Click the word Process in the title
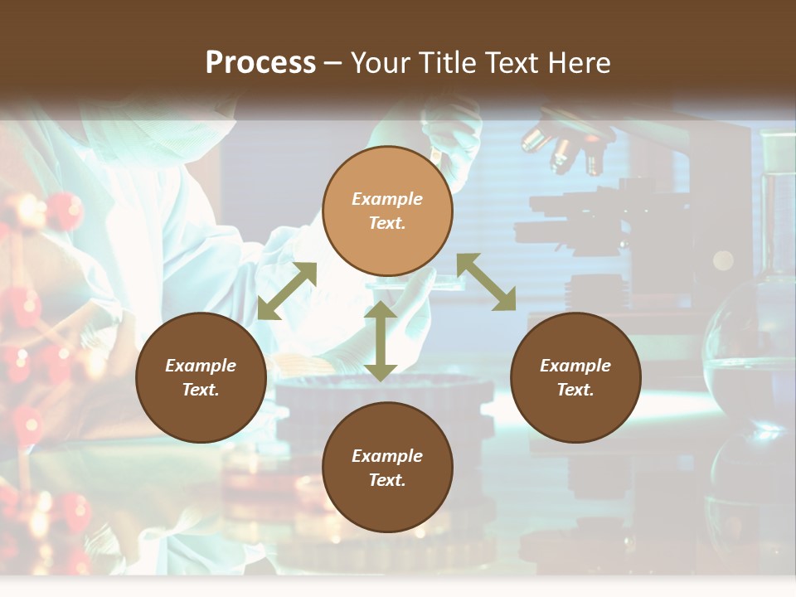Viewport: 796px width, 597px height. click(260, 63)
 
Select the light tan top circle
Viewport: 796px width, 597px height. click(387, 211)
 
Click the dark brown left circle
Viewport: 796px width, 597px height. click(201, 378)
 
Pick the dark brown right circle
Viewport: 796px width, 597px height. click(575, 378)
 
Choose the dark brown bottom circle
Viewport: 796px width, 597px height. click(387, 468)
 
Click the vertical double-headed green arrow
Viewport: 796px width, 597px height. click(381, 342)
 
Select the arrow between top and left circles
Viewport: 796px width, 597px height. click(287, 291)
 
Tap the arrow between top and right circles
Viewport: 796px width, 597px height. click(487, 282)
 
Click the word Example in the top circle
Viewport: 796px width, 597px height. click(387, 199)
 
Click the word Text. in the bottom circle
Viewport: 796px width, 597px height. click(387, 480)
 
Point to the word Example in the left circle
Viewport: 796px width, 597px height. click(201, 366)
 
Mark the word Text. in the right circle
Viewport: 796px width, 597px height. click(575, 390)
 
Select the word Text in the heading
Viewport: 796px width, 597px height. click(513, 63)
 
